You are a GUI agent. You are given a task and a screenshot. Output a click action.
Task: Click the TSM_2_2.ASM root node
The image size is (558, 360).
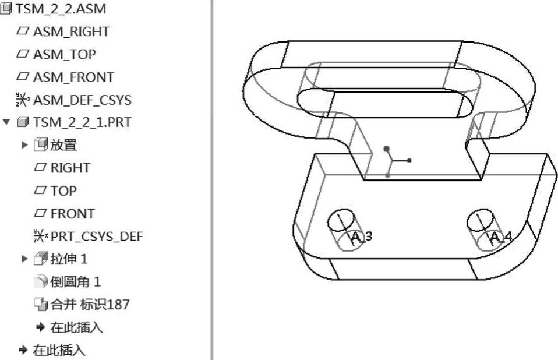click(54, 9)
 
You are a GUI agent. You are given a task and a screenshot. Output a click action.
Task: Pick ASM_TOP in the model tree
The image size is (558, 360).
click(65, 54)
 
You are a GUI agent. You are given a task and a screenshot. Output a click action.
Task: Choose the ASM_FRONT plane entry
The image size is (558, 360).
click(73, 77)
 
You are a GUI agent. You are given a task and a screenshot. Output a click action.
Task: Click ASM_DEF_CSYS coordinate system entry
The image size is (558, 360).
click(82, 100)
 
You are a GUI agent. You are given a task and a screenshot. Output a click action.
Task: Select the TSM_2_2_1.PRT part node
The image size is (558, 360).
click(82, 122)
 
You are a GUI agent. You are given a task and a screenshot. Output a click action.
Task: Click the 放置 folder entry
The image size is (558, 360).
click(64, 145)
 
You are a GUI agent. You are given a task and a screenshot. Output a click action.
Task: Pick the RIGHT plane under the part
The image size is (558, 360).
click(70, 168)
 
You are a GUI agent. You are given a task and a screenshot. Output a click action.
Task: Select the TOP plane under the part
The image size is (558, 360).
click(63, 190)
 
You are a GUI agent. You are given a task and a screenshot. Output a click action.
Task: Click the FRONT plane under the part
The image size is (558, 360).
click(72, 213)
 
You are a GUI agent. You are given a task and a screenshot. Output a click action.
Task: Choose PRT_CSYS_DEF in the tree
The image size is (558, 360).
click(96, 236)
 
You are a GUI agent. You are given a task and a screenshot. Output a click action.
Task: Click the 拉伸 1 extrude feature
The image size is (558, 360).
click(69, 259)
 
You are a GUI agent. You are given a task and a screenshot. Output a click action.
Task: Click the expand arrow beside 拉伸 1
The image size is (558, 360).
click(24, 259)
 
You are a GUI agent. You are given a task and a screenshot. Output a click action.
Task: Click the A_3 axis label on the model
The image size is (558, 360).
click(362, 237)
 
